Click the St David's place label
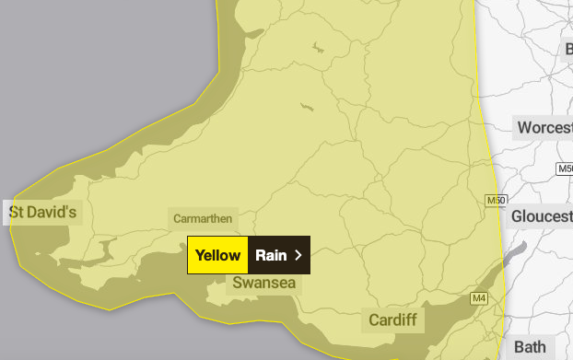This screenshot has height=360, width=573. coord(43,213)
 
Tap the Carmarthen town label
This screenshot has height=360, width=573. coord(203,219)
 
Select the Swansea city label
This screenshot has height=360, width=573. coord(264,283)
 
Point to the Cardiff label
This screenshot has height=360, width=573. coord(392,320)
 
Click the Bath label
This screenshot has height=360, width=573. coord(530,347)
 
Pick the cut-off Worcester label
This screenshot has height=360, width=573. coord(544,127)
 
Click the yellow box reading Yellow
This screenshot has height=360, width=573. coord(217,255)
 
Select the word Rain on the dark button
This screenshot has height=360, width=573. coord(271,255)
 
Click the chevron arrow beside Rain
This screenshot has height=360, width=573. coord(298,255)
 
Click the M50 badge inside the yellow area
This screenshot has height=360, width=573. coord(495,200)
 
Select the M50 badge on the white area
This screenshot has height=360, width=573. coord(565,169)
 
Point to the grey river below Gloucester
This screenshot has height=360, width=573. coord(516,254)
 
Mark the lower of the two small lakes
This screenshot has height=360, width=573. coord(307,109)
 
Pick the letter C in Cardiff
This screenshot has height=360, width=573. coord(373,320)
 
